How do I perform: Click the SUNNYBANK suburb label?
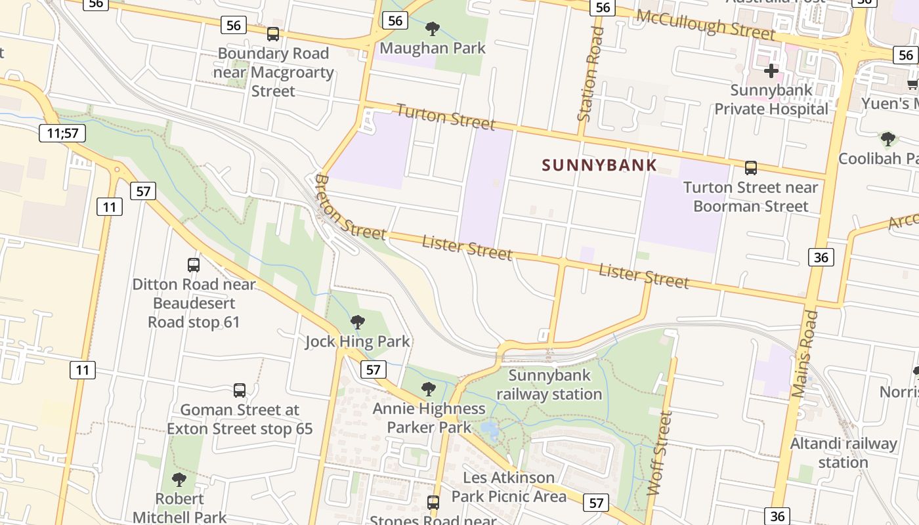[x=599, y=165]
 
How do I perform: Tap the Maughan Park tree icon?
[x=432, y=28]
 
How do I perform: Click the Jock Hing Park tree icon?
[x=358, y=322]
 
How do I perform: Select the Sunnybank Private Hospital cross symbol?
[x=771, y=70]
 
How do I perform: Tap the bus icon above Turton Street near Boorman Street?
[x=751, y=168]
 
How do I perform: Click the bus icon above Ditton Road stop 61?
[x=193, y=265]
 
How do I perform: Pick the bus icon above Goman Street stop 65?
[x=240, y=390]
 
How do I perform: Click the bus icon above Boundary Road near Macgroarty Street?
[x=273, y=34]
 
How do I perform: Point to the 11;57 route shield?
[x=63, y=134]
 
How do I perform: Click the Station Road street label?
[x=590, y=73]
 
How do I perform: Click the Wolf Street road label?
[x=660, y=453]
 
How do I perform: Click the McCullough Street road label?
[x=706, y=24]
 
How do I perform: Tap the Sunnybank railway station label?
[x=549, y=385]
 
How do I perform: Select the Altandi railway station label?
[x=843, y=453]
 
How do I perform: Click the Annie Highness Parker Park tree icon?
[x=429, y=389]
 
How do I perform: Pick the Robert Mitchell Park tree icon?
[x=179, y=480]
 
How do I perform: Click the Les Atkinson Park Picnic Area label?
[x=509, y=486]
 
